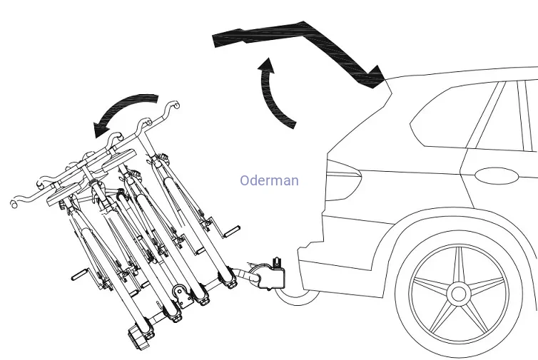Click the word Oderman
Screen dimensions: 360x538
269,181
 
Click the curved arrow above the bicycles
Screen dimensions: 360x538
126,110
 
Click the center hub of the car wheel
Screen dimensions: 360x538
457,293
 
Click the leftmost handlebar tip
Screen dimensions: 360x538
14,205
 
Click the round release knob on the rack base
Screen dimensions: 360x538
181,292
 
